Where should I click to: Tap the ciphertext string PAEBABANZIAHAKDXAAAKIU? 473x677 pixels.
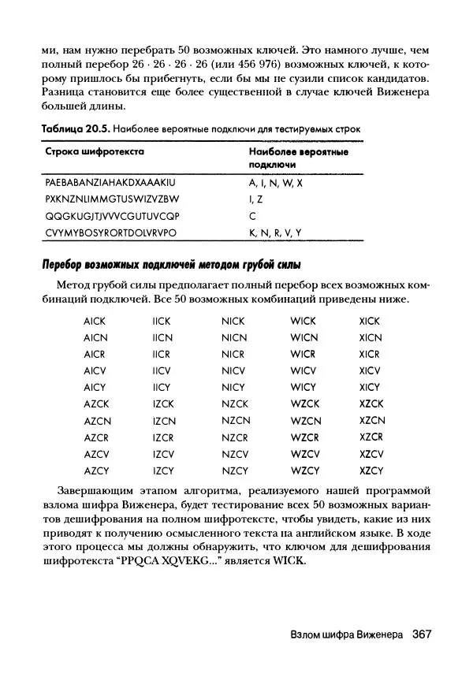tap(109, 182)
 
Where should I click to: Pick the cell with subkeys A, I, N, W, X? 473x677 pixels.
tap(276, 182)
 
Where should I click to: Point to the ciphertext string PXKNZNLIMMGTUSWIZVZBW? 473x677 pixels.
tap(112, 199)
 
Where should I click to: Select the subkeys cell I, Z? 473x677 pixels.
tap(256, 199)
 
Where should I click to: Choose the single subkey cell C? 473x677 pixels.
tap(253, 215)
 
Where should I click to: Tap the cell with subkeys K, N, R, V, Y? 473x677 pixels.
tap(275, 232)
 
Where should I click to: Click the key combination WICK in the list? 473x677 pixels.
tap(303, 321)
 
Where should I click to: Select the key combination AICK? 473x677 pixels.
tap(94, 321)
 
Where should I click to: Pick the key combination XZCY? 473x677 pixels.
tap(371, 471)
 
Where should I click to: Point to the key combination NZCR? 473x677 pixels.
tap(234, 437)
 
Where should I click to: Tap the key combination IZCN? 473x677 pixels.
tap(164, 421)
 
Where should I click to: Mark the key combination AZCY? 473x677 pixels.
tap(95, 471)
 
